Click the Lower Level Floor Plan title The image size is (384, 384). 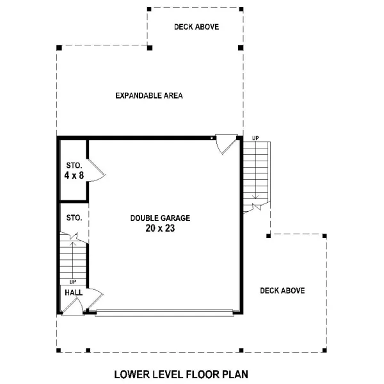181,374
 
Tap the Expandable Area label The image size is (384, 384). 149,95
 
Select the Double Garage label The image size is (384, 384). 160,218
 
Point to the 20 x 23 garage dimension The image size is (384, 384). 160,228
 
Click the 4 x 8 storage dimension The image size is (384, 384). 74,175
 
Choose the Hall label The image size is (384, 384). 74,292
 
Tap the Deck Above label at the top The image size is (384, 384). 196,27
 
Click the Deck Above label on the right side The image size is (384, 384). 282,291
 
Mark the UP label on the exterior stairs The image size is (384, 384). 255,138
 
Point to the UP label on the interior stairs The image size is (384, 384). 73,282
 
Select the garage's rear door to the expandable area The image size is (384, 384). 227,145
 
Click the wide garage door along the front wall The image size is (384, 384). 164,313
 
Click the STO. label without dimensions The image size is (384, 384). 74,218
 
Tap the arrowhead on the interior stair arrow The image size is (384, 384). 73,244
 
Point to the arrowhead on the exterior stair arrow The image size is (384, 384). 255,196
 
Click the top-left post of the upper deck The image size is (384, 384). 149,10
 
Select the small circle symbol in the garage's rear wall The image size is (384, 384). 212,138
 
